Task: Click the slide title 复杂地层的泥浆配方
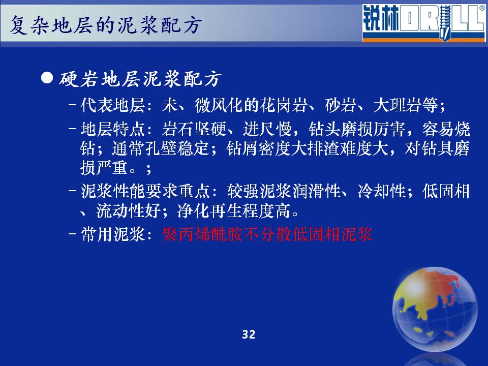pyautogui.click(x=105, y=25)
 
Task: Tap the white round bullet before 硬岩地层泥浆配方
pyautogui.click(x=47, y=78)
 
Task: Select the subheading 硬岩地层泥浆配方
pyautogui.click(x=140, y=79)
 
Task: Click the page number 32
pyautogui.click(x=249, y=334)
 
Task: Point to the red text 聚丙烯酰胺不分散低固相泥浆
pyautogui.click(x=267, y=234)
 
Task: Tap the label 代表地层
pyautogui.click(x=113, y=105)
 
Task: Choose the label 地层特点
pyautogui.click(x=113, y=129)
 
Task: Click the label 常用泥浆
pyautogui.click(x=113, y=234)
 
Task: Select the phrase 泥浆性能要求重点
pyautogui.click(x=145, y=191)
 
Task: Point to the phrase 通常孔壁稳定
pyautogui.click(x=161, y=148)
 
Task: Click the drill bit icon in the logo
pyautogui.click(x=445, y=22)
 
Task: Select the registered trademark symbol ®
pyautogui.click(x=482, y=9)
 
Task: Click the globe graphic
pyautogui.click(x=435, y=310)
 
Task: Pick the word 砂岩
pyautogui.click(x=341, y=105)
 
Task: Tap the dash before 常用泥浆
pyautogui.click(x=72, y=234)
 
